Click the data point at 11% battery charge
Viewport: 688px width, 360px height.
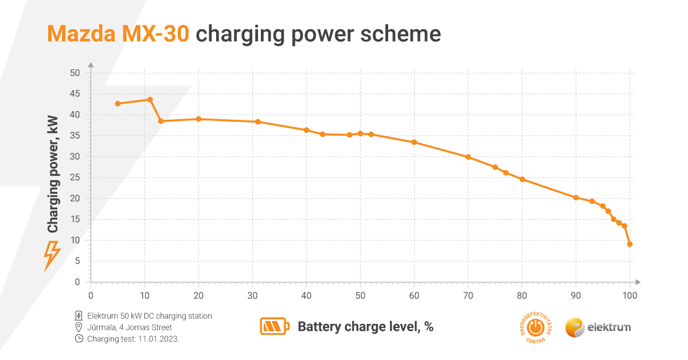[150, 99]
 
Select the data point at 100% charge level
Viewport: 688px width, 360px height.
[630, 244]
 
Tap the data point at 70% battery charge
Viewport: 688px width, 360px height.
[468, 157]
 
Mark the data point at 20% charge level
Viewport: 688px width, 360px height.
[198, 119]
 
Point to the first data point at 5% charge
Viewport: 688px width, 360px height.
[118, 104]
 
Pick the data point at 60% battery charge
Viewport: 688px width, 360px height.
[414, 142]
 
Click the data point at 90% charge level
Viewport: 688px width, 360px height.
[576, 198]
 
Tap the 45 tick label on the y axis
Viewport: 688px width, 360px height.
[75, 94]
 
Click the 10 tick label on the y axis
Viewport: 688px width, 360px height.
[75, 240]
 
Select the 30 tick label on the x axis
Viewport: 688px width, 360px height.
[252, 296]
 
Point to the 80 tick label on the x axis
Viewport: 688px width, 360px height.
[522, 296]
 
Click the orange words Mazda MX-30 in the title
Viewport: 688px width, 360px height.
[118, 34]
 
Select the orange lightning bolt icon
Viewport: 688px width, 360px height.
[52, 256]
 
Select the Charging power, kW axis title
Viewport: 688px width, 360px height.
[53, 174]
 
